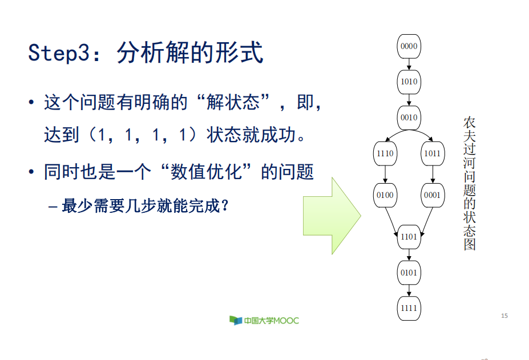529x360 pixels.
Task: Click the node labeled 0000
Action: [x=409, y=47]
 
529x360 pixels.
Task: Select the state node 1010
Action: [x=409, y=82]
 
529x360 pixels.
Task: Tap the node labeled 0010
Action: [x=409, y=118]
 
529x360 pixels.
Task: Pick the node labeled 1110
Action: [x=385, y=153]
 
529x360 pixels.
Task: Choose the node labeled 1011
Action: [x=432, y=153]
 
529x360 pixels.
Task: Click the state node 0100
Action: [x=385, y=195]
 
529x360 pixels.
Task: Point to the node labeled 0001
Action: [x=432, y=195]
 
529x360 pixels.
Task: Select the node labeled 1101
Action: [x=409, y=237]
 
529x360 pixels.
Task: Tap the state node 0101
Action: [x=409, y=273]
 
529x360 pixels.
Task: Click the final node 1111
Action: [x=409, y=308]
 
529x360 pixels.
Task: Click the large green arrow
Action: [x=332, y=216]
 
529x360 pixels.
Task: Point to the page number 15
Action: [x=504, y=315]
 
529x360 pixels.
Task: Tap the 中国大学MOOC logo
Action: [x=264, y=320]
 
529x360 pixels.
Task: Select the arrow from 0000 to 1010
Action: [x=409, y=64]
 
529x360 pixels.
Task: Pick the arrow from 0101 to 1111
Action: [x=409, y=290]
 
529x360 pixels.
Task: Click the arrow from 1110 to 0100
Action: [x=385, y=174]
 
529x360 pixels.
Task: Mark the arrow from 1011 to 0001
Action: [x=432, y=174]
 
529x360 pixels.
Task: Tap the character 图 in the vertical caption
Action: [x=469, y=244]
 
